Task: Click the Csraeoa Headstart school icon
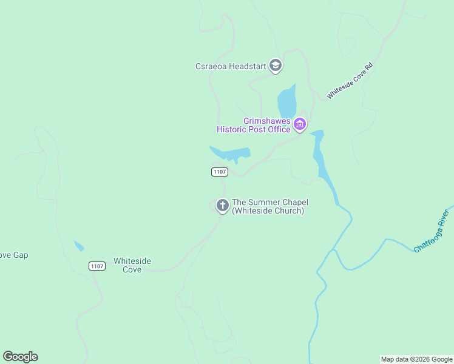(276, 66)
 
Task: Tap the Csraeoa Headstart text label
(231, 66)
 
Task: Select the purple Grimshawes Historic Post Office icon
(299, 125)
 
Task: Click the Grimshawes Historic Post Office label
(254, 125)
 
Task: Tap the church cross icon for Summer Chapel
(223, 206)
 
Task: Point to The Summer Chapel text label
(270, 202)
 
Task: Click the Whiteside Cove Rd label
(349, 80)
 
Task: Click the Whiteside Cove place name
(132, 265)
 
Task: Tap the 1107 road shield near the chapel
(220, 172)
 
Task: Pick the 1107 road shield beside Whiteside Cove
(97, 266)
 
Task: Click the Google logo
(20, 357)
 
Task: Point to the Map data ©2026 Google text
(416, 359)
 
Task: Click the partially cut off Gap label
(13, 255)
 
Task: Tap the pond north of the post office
(287, 101)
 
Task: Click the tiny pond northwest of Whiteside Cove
(79, 246)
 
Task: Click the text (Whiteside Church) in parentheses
(268, 211)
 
